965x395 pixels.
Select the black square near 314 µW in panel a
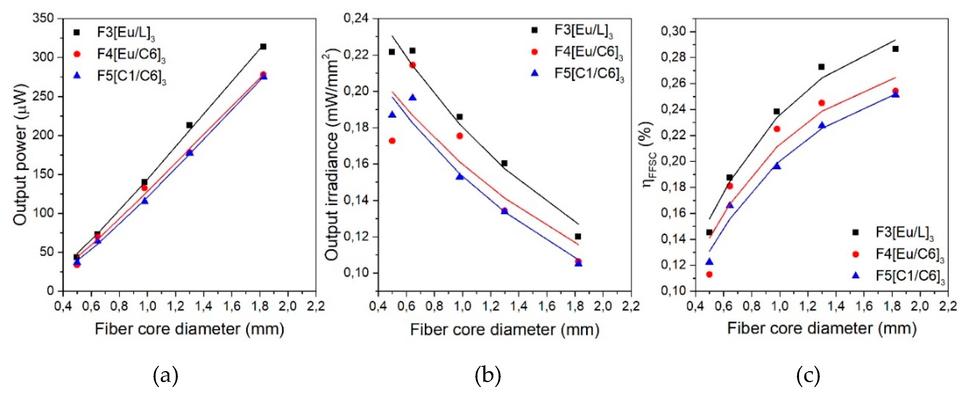click(263, 47)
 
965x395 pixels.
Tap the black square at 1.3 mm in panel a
click(190, 125)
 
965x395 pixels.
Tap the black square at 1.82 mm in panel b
click(578, 237)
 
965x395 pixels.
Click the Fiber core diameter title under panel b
click(505, 330)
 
